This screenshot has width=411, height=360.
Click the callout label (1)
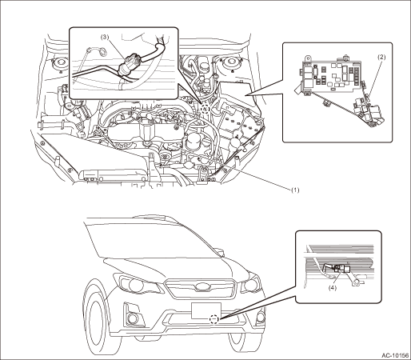295,190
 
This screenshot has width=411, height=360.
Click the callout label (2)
381,57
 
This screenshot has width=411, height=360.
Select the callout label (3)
105,37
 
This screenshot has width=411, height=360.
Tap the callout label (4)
333,288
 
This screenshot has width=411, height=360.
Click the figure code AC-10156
396,355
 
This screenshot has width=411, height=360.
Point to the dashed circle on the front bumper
214,319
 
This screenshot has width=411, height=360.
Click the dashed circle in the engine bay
205,110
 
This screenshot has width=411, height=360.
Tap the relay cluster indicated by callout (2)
368,112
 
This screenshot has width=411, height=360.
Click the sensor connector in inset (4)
342,268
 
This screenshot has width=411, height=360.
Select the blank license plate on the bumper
205,310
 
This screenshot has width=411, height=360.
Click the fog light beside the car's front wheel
133,318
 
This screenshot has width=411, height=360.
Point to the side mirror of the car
218,252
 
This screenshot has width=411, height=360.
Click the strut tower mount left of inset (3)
59,64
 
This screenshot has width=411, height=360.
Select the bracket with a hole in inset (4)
356,282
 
